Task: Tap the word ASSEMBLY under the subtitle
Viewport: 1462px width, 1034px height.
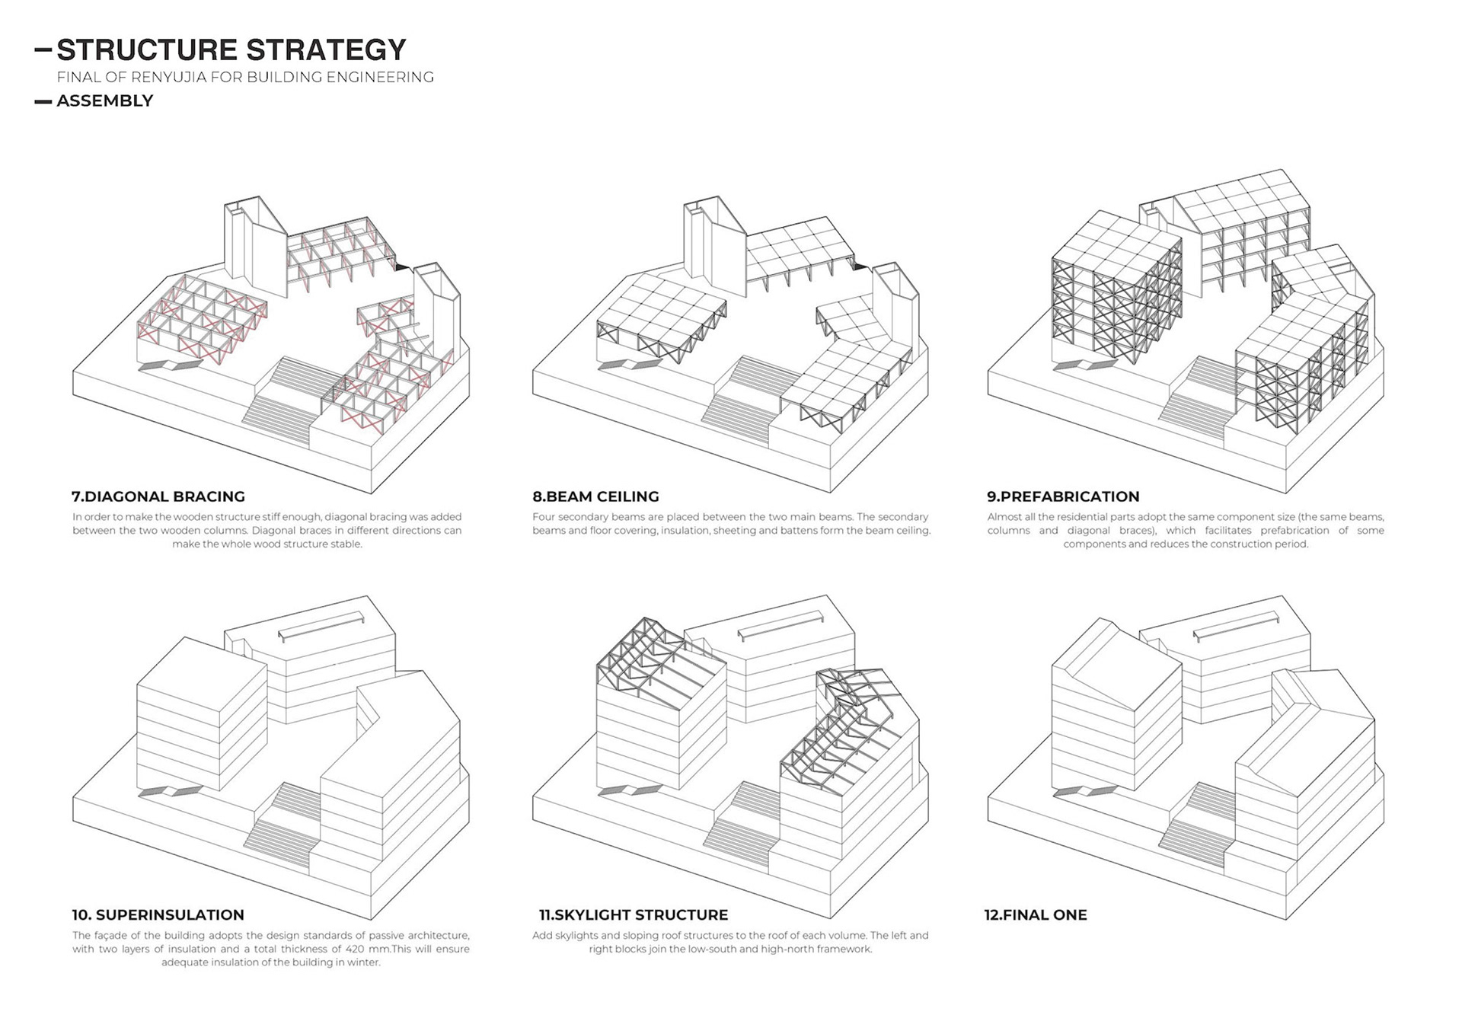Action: pos(105,101)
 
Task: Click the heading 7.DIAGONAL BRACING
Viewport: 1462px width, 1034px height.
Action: pos(158,496)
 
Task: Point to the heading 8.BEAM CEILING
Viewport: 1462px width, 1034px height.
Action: pos(595,496)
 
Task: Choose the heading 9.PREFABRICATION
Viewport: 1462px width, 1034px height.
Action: pos(1063,496)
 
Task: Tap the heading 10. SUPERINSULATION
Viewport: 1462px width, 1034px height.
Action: pos(158,914)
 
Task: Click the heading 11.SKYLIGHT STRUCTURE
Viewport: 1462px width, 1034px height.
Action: pos(634,914)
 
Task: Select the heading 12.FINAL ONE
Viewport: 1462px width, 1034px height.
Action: pos(1036,914)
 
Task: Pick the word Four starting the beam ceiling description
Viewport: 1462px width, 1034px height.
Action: pos(545,517)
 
